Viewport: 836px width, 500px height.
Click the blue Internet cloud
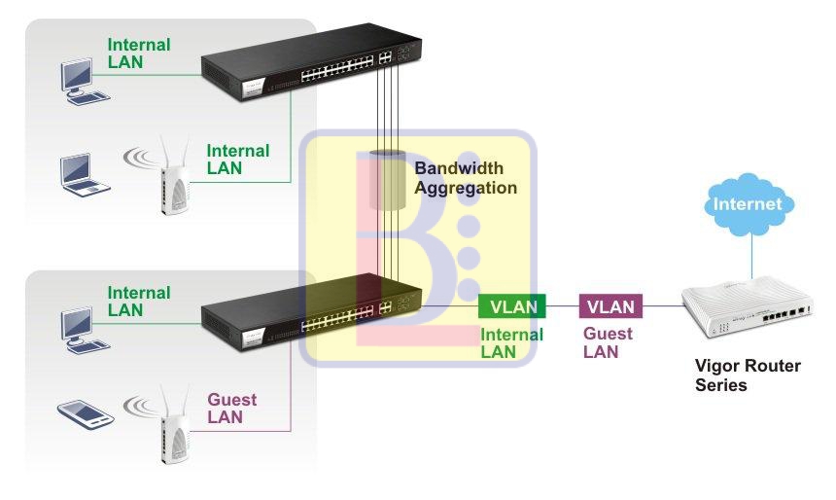[x=748, y=204]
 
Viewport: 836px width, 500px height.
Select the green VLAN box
[x=512, y=306]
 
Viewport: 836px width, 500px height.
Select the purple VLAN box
[x=610, y=306]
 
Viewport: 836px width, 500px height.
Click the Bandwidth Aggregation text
[x=466, y=178]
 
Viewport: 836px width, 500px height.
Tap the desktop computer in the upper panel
[x=81, y=82]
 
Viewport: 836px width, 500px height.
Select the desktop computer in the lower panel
[x=81, y=328]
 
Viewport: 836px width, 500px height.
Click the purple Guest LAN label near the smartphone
[x=231, y=409]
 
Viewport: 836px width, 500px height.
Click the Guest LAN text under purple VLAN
[x=608, y=342]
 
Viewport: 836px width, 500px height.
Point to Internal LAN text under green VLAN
[x=511, y=342]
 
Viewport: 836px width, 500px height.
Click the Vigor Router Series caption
[x=748, y=375]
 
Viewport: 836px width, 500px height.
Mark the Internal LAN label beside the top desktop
[x=138, y=54]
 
